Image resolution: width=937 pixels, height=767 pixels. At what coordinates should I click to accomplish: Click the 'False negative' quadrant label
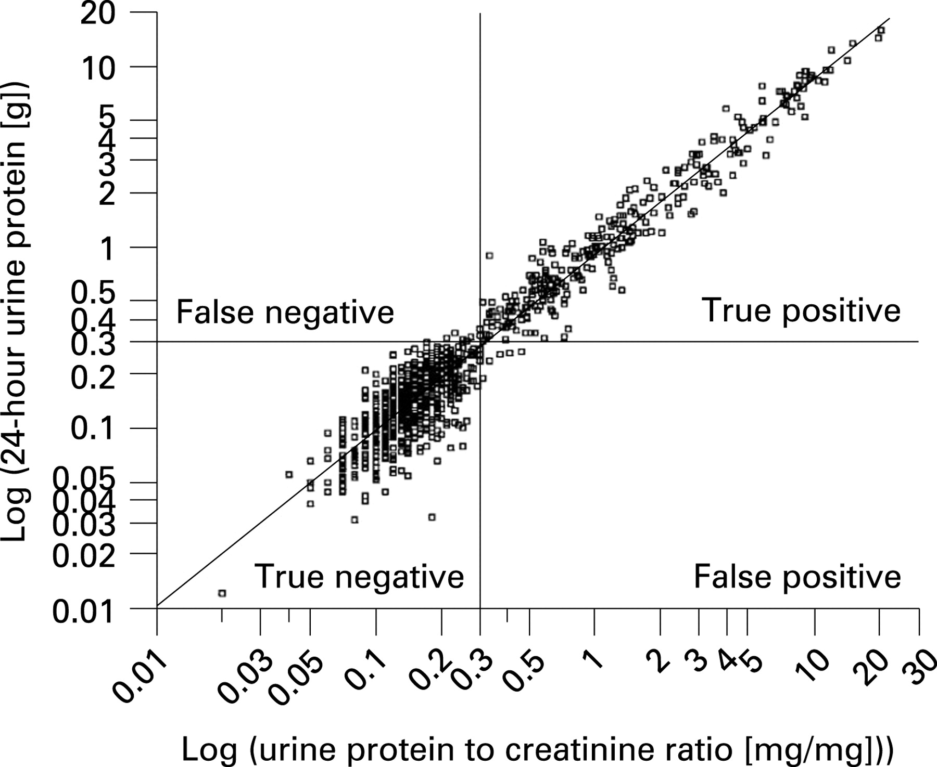(x=285, y=312)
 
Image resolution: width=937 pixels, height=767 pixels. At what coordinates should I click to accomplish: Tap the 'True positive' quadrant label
(x=801, y=311)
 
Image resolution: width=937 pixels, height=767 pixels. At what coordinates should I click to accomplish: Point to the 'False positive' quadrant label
(x=797, y=576)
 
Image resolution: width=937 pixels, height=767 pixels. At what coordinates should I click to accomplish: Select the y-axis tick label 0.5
(x=93, y=293)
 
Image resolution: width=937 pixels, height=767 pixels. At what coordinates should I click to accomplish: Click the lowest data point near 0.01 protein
(x=222, y=593)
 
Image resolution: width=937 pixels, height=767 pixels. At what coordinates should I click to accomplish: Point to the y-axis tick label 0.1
(x=93, y=429)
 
